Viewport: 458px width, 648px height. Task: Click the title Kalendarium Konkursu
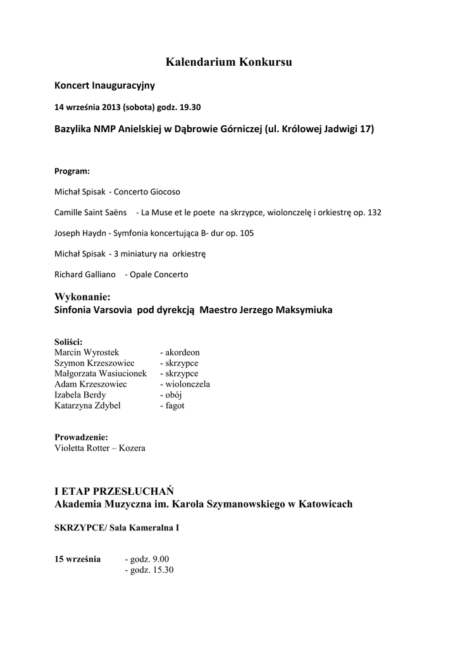(x=229, y=62)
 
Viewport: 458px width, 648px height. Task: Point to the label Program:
(x=72, y=171)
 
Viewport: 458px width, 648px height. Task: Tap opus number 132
(x=374, y=212)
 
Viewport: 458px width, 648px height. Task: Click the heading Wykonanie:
(x=83, y=296)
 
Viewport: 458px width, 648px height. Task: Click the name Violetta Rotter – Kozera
(x=100, y=448)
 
